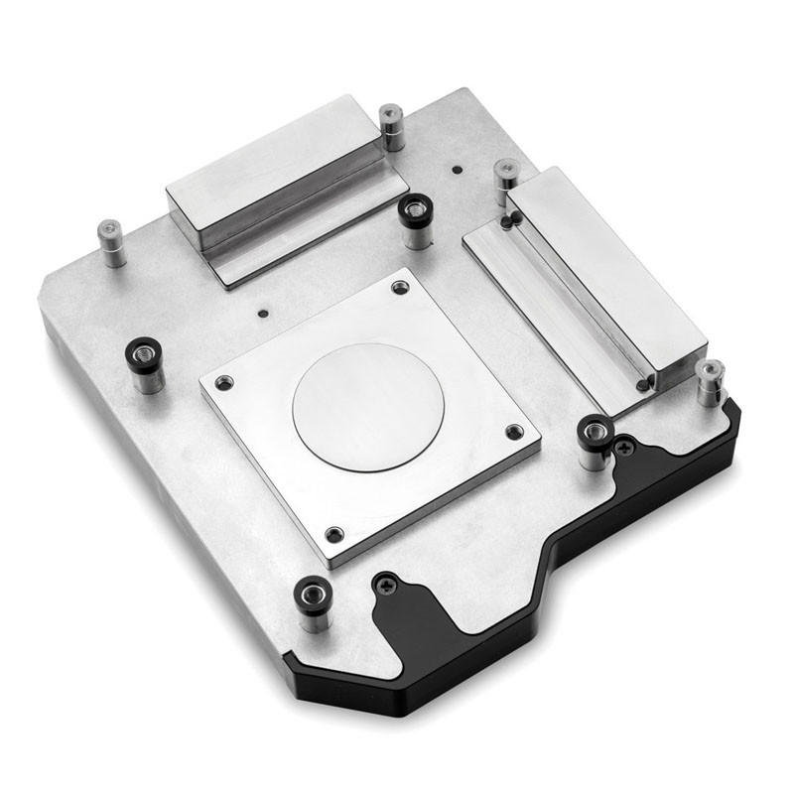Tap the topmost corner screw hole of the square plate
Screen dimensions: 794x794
click(400, 288)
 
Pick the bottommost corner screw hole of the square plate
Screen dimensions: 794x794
click(336, 532)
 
